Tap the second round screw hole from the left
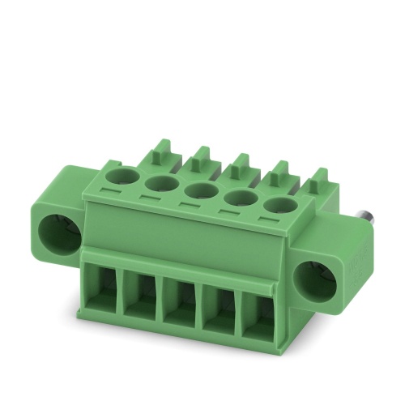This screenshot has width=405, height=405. point(160,185)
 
